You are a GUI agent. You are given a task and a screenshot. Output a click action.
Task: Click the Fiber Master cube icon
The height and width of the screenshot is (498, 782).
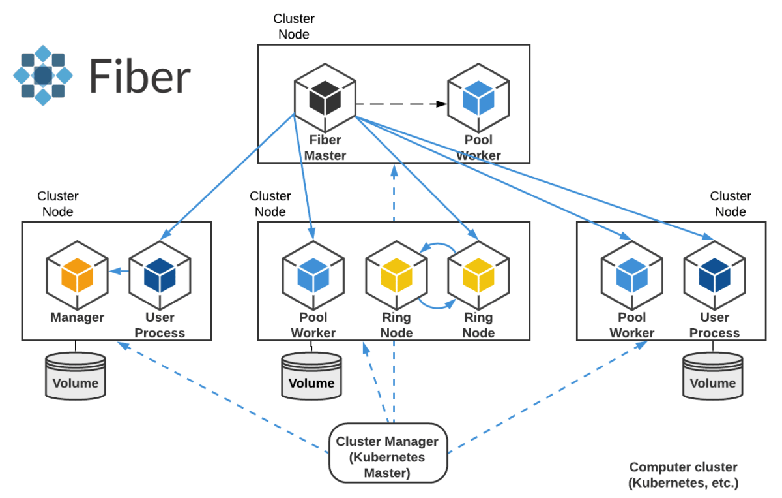tap(325, 97)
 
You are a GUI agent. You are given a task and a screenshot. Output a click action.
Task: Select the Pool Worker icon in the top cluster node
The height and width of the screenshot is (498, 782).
tap(478, 97)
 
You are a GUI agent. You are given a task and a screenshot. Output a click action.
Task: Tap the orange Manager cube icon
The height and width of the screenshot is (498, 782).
tap(77, 275)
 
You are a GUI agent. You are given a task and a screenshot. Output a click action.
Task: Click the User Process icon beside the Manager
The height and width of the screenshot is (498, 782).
tap(160, 275)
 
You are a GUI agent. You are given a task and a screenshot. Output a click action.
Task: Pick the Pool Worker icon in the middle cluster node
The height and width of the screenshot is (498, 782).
tap(313, 275)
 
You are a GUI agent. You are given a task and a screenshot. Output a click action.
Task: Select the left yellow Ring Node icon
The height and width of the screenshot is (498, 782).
tap(396, 275)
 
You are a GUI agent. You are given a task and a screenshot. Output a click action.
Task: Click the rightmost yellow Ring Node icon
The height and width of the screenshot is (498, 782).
tap(478, 275)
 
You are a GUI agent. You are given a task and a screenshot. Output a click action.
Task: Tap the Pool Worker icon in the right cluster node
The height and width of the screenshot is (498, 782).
tap(631, 275)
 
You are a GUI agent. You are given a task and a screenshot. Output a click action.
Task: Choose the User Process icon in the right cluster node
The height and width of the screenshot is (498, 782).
tap(714, 275)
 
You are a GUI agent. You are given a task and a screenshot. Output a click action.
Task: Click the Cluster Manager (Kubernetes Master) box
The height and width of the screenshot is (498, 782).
tap(387, 450)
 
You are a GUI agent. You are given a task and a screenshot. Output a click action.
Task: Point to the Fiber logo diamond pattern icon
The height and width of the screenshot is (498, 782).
tap(42, 75)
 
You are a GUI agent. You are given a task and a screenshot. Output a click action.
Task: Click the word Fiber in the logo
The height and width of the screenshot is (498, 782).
tap(139, 76)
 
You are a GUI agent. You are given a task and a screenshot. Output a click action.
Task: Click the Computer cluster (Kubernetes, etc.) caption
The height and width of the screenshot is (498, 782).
tap(683, 475)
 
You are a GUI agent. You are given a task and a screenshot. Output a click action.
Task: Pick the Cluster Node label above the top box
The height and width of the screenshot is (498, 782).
tap(294, 27)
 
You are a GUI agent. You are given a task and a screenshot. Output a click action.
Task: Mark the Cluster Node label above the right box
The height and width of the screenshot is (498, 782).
tap(731, 204)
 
